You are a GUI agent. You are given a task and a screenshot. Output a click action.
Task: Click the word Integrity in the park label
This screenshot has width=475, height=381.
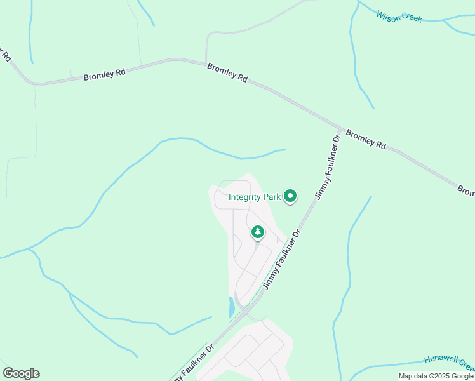[x=245, y=197]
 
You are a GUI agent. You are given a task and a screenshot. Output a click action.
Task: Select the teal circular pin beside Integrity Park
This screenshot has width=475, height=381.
[x=290, y=196]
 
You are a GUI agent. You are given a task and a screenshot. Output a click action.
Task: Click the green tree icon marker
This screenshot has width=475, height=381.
[x=258, y=232]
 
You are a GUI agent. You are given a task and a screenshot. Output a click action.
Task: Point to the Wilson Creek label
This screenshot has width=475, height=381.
[x=399, y=17]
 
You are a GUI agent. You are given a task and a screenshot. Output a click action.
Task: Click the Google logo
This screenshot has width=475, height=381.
[x=21, y=373]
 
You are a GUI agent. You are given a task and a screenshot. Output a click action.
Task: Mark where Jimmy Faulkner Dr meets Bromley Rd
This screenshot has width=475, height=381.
[x=342, y=129]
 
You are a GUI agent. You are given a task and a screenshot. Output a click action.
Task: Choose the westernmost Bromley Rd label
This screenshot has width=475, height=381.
[x=105, y=74]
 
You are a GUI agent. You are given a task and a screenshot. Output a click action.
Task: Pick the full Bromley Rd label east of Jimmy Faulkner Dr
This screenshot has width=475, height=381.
[x=366, y=140]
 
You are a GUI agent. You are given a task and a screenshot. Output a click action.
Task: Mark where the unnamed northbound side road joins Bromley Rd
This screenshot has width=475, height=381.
[x=206, y=63]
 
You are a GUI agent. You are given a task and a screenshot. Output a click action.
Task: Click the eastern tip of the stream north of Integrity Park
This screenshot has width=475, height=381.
[x=285, y=150]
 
